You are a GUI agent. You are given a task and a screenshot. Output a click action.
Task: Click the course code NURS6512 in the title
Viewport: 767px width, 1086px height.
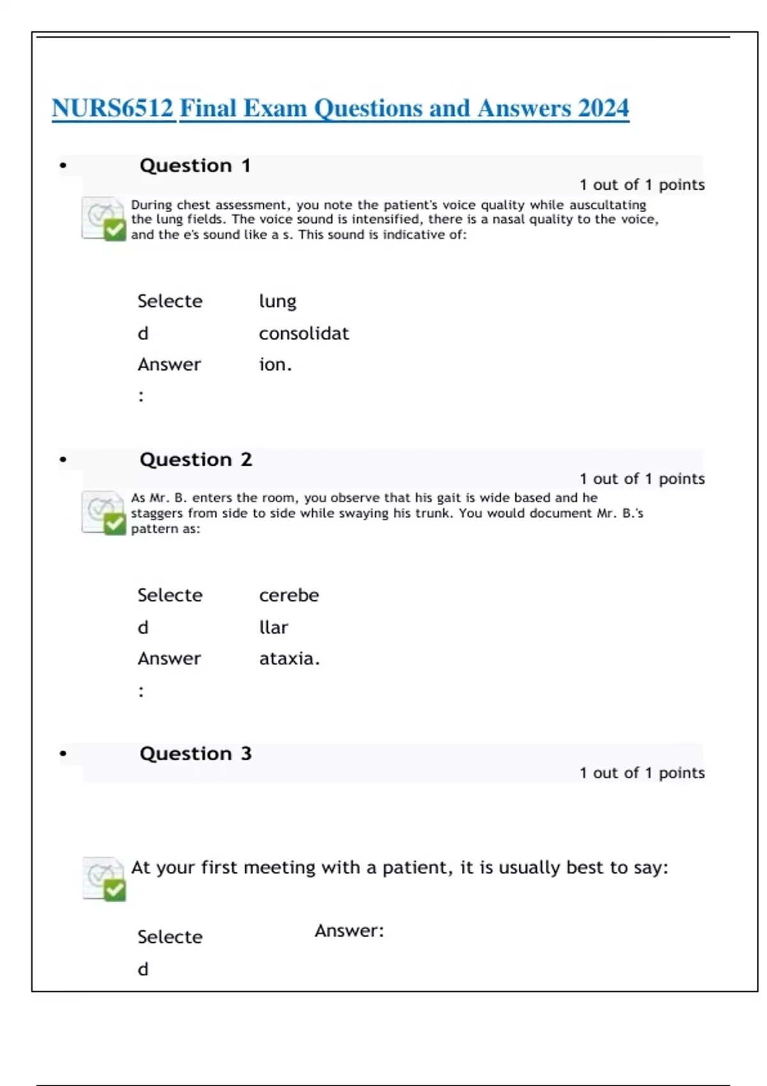112,109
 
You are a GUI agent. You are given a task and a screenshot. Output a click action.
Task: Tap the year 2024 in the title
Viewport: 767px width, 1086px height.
603,109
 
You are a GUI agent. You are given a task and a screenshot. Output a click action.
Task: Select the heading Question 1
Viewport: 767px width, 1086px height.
195,165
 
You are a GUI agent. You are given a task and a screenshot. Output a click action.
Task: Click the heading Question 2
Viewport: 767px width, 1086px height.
196,459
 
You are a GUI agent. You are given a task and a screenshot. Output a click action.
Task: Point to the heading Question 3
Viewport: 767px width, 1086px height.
196,753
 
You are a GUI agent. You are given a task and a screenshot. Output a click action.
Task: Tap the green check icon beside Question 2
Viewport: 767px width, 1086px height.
114,524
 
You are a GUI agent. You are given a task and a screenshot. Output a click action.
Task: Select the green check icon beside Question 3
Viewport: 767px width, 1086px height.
114,889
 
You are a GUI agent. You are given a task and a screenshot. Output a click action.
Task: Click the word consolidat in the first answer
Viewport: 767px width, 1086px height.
304,333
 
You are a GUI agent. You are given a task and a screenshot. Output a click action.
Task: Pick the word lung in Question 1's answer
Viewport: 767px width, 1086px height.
277,302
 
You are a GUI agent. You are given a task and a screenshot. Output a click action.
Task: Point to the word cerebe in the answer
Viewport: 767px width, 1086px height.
289,595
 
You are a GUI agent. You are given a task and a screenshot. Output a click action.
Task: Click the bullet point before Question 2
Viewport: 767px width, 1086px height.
63,459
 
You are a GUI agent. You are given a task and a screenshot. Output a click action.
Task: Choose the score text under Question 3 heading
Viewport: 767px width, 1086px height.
642,773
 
